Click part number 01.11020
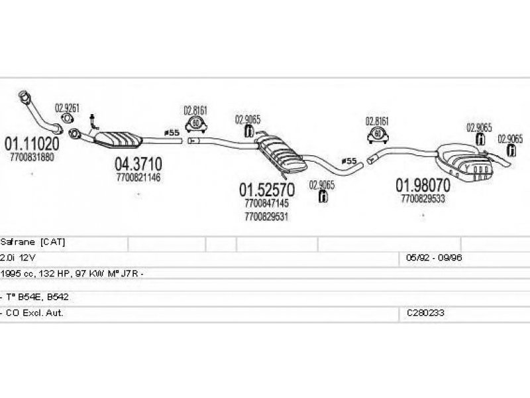(x=32, y=144)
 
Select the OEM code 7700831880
(x=32, y=157)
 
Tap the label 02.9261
(x=68, y=109)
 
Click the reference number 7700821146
(x=138, y=177)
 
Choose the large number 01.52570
(x=267, y=190)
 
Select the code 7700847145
(x=266, y=204)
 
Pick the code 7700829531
(x=266, y=216)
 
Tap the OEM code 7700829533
(x=423, y=197)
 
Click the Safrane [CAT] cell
(x=33, y=242)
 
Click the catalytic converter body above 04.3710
(x=123, y=139)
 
